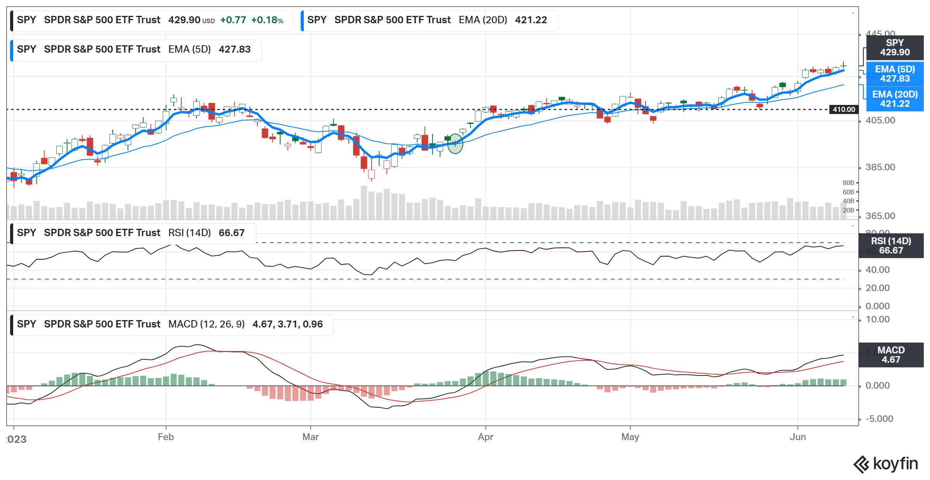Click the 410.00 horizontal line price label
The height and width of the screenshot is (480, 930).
pos(844,110)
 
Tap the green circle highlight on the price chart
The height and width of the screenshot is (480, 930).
pos(455,144)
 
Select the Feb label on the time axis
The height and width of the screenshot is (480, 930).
pos(166,437)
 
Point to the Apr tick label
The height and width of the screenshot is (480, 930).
pos(486,437)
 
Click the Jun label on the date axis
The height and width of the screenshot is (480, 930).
pos(797,437)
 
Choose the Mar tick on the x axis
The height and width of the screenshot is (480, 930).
pos(310,437)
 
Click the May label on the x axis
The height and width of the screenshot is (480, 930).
pos(630,437)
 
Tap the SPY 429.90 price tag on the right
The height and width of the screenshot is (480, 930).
pos(895,48)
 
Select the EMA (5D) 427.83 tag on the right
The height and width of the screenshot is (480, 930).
pos(895,74)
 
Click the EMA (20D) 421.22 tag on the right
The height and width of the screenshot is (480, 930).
pos(895,99)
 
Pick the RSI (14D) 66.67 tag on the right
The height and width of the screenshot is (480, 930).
pos(891,246)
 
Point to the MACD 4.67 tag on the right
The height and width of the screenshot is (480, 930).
pos(891,355)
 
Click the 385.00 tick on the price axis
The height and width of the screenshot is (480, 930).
pos(880,167)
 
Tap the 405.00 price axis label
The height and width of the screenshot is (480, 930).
pos(880,120)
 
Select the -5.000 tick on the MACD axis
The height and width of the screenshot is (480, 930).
pos(879,419)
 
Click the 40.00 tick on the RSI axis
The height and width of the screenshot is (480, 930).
pos(878,270)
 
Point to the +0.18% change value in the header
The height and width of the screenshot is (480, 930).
pos(267,20)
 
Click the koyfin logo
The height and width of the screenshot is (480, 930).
pos(886,464)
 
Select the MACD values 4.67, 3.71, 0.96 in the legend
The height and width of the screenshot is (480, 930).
pos(287,324)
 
